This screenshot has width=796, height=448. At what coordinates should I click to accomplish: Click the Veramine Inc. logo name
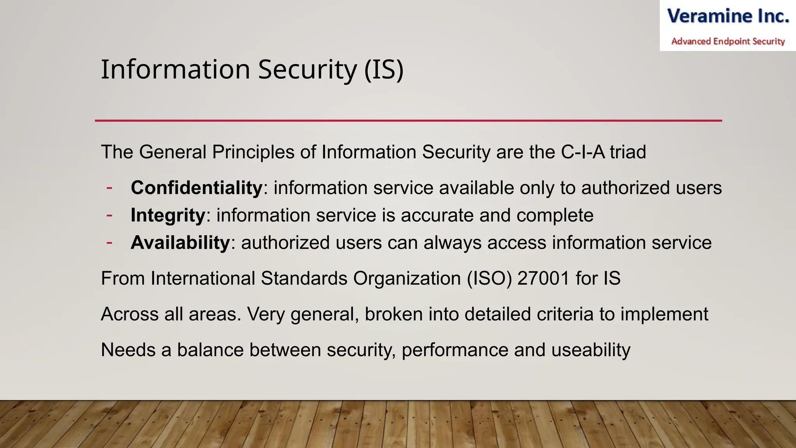pos(728,16)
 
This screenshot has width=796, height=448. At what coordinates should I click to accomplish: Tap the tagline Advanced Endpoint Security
pos(728,41)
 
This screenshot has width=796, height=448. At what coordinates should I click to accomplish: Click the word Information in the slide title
pos(175,70)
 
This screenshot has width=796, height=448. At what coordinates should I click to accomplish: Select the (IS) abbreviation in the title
pos(384,70)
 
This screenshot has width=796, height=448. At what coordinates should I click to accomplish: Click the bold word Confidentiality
pos(197,188)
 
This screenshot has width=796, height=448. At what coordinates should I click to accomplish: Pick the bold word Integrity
pos(168,215)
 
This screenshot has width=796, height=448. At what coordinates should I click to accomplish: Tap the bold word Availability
pos(180,243)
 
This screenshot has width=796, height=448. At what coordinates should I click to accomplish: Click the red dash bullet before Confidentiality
pos(109,188)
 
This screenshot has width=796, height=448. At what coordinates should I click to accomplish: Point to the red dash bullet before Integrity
pos(109,215)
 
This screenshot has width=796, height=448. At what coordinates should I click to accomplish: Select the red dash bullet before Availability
pos(109,243)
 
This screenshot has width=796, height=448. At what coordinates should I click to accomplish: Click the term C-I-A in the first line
pos(583,152)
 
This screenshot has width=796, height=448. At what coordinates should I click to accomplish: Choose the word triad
pos(628,152)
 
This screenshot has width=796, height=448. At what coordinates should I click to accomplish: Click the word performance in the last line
pos(455,350)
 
